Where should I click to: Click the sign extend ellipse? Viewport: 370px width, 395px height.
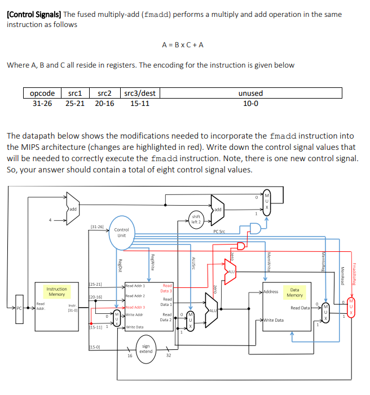[146, 349]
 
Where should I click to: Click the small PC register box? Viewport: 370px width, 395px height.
[19, 308]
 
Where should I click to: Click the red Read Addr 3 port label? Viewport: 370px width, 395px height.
[135, 307]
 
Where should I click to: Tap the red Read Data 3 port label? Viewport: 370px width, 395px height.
[167, 289]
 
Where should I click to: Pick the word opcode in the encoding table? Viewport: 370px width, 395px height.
[42, 93]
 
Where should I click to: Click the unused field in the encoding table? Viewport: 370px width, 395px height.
[250, 93]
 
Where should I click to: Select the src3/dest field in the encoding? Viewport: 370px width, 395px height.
[139, 93]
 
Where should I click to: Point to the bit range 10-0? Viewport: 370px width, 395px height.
[250, 103]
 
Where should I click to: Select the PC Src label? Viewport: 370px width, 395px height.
[220, 231]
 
